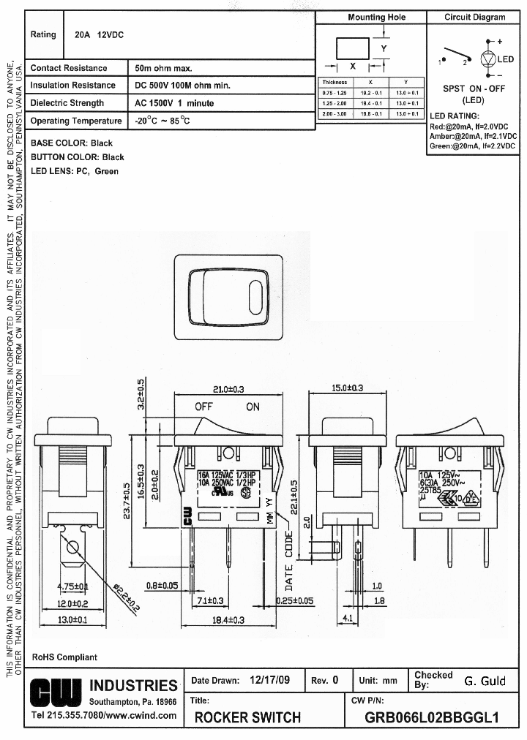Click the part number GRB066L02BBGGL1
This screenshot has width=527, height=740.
click(431, 717)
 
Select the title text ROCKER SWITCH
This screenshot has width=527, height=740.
click(247, 717)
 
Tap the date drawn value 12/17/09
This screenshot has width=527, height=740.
click(269, 680)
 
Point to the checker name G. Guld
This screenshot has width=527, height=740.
click(485, 681)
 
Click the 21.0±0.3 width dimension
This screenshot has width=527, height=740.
click(228, 388)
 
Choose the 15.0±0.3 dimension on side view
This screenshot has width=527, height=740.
click(348, 388)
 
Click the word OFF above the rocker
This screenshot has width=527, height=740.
click(204, 407)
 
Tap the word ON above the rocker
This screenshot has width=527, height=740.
click(253, 407)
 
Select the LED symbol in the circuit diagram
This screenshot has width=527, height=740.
click(488, 59)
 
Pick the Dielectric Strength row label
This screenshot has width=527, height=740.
click(67, 103)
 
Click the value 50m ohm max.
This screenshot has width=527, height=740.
click(163, 68)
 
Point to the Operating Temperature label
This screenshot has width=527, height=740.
click(76, 121)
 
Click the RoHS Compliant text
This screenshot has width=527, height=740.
click(64, 657)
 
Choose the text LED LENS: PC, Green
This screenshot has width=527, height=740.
click(75, 171)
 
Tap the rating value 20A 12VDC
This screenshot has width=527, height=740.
click(100, 34)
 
